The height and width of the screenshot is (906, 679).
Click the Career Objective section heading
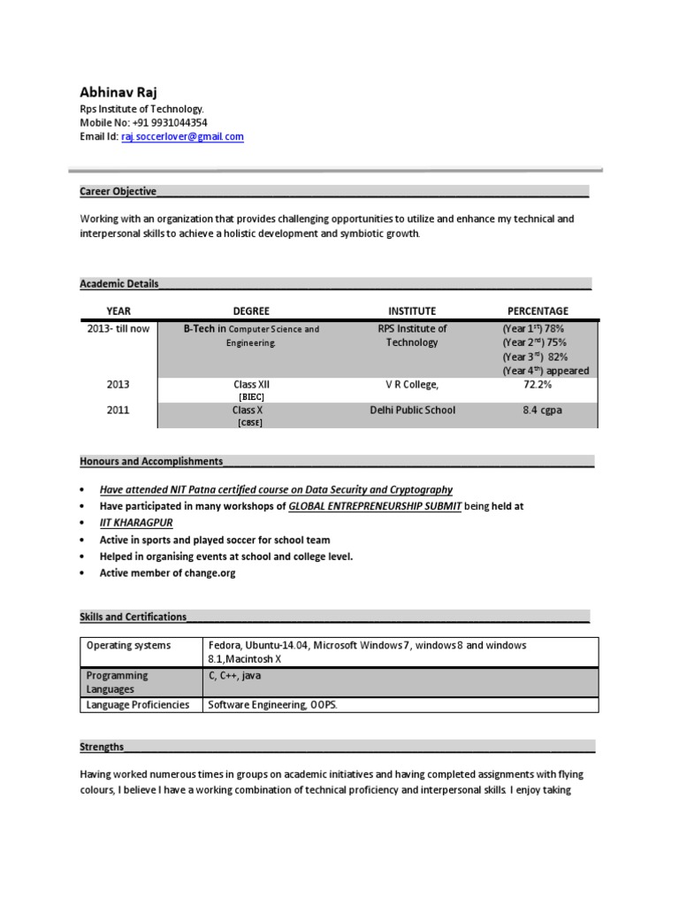118,191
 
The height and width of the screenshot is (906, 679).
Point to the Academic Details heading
119,284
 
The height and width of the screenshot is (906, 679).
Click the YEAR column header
118,311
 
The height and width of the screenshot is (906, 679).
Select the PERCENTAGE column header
538,311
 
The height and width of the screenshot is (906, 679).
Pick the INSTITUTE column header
412,311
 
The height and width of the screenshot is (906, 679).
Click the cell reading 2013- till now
118,329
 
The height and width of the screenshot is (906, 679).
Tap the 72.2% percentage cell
538,385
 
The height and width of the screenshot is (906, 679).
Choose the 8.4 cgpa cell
538,411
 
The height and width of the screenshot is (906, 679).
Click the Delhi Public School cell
412,411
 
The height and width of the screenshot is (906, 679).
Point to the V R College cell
412,385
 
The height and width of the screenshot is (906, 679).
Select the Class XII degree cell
251,385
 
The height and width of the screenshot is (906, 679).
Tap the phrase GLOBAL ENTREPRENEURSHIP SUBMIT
375,506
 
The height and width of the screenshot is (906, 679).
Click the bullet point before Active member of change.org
82,573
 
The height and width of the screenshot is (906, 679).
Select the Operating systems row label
128,646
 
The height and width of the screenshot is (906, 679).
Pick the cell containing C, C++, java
234,676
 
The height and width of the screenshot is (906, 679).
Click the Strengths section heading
102,747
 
